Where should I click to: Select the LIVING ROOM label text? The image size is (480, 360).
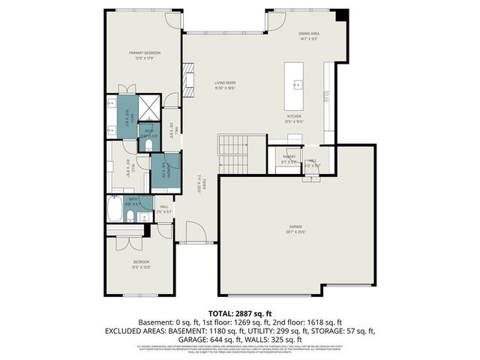(225, 83)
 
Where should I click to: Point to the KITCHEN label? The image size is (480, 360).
(294, 117)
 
